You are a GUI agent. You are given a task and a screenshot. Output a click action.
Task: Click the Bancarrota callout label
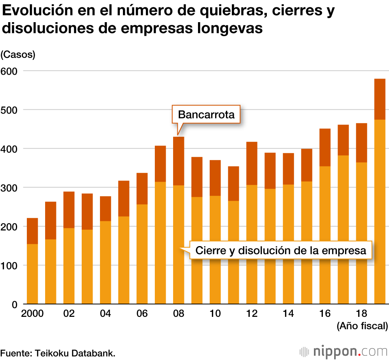[x=206, y=115]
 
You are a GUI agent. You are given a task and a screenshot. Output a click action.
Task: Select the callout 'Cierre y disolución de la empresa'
[x=280, y=250]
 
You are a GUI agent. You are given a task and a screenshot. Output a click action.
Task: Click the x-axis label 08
[x=179, y=314]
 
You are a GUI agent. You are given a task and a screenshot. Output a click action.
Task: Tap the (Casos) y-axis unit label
[x=18, y=55]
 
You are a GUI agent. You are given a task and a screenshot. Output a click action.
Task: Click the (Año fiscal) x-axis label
[x=362, y=326]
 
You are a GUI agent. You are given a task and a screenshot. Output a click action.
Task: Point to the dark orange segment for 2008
[x=179, y=161]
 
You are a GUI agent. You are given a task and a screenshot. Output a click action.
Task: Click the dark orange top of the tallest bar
[x=380, y=99]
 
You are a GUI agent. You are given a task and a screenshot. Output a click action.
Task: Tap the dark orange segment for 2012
[x=252, y=163]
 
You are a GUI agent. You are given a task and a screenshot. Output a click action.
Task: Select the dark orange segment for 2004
[x=105, y=209]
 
